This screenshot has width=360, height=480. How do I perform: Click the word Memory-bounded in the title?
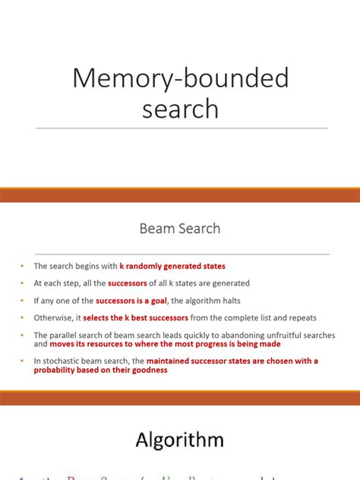(x=181, y=78)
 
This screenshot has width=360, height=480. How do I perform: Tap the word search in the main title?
(x=181, y=109)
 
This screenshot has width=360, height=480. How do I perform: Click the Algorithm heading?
(x=180, y=439)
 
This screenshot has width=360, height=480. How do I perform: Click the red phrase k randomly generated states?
(x=172, y=266)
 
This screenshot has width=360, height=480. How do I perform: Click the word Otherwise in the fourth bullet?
(x=50, y=317)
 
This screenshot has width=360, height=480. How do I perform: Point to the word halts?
(x=237, y=300)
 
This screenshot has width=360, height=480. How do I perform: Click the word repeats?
(x=301, y=317)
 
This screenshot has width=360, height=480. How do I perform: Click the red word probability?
(x=58, y=370)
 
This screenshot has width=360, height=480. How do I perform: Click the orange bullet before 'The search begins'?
(x=24, y=267)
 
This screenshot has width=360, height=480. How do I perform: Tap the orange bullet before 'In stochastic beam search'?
(x=24, y=361)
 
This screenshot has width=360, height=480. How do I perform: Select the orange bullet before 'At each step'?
(x=24, y=283)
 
